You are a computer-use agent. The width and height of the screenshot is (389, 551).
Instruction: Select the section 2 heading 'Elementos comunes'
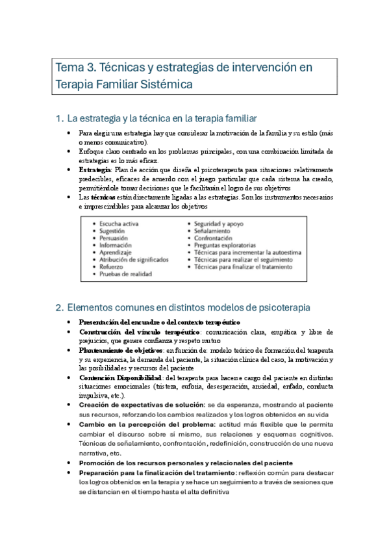pyautogui.click(x=182, y=307)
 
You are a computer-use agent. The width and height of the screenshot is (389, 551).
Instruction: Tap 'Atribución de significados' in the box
pyautogui.click(x=134, y=260)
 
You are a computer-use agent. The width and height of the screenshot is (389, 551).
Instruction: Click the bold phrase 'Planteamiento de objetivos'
pyautogui.click(x=120, y=351)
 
